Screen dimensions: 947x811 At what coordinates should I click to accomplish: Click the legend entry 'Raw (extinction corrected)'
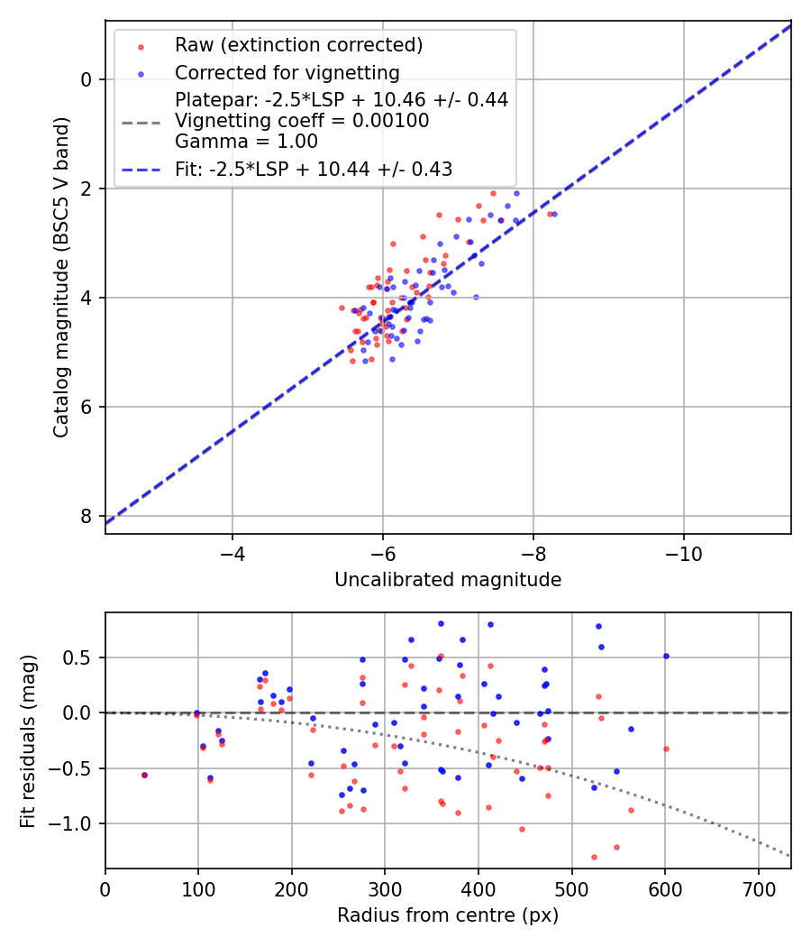(x=298, y=45)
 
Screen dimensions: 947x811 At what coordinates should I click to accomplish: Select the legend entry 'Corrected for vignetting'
(x=287, y=72)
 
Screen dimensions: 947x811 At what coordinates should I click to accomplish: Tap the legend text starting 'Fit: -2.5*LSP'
(x=314, y=169)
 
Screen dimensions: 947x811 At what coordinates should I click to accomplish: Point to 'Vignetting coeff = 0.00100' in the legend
(x=302, y=121)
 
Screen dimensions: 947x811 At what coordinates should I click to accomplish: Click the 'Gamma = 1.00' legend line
(x=246, y=141)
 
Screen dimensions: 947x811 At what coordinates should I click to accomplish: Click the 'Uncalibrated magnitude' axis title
(x=448, y=580)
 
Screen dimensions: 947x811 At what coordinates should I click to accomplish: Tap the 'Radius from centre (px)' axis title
(x=448, y=915)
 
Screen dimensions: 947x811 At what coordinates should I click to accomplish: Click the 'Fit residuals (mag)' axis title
(x=28, y=740)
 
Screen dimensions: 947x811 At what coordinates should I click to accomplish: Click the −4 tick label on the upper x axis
(x=232, y=551)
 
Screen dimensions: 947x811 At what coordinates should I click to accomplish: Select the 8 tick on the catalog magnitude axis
(x=87, y=516)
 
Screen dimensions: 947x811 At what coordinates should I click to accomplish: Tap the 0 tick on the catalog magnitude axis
(x=87, y=79)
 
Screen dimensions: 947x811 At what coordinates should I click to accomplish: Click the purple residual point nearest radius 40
(x=144, y=775)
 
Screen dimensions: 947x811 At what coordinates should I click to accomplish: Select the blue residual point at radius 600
(x=666, y=656)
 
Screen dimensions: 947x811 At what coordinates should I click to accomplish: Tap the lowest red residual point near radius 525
(x=594, y=857)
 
